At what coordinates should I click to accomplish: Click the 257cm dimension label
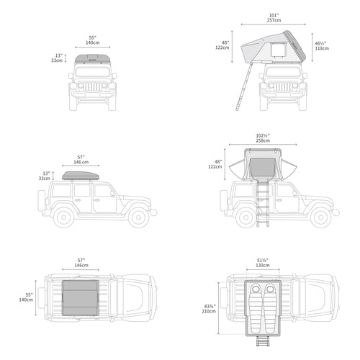click(274, 20)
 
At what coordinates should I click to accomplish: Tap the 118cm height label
click(322, 48)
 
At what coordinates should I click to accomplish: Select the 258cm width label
click(263, 140)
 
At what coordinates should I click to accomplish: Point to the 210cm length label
click(209, 311)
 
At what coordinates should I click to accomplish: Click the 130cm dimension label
click(263, 265)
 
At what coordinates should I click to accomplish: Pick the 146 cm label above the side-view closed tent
click(81, 162)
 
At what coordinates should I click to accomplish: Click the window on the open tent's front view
click(278, 50)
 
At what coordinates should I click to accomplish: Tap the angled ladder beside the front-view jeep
click(244, 86)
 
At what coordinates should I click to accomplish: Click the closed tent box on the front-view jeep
click(93, 59)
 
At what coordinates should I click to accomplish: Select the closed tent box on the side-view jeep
click(81, 176)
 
